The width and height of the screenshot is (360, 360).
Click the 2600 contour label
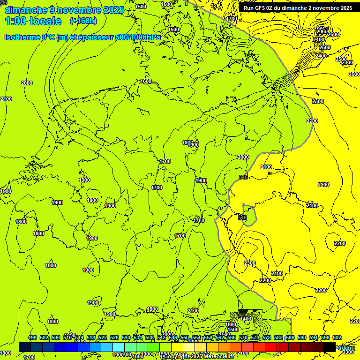[x=333, y=34]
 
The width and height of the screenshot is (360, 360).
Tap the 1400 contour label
[x=245, y=319]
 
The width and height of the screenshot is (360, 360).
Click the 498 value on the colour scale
[x=32, y=338]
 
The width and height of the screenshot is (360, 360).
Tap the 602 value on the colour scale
[x=337, y=338]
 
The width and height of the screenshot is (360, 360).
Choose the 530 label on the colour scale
[x=126, y=338]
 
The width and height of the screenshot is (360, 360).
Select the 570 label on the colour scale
[x=243, y=338]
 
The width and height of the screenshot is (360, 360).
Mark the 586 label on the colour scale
[x=290, y=338]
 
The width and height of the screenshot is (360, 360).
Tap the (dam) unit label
[x=347, y=347]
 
